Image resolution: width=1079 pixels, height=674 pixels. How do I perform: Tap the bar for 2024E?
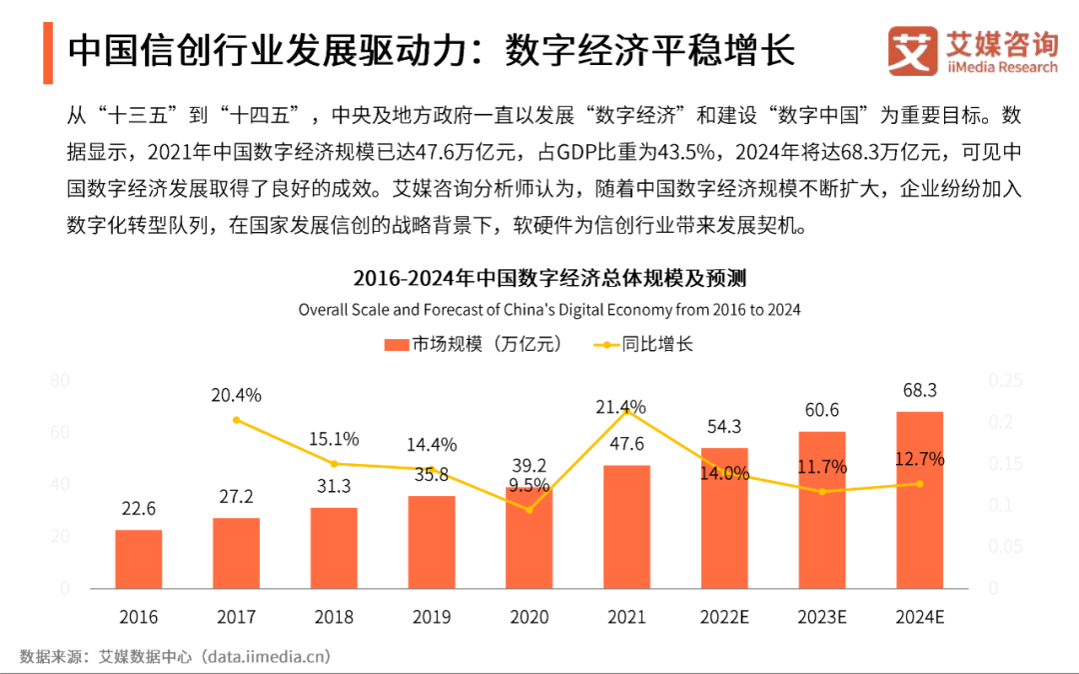point(919,499)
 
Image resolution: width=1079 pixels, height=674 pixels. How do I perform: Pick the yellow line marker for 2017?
point(236,420)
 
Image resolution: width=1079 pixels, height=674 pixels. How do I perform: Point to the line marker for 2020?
point(529,509)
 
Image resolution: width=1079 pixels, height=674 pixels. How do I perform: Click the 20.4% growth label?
point(236,395)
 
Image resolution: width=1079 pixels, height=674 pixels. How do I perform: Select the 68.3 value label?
point(919,389)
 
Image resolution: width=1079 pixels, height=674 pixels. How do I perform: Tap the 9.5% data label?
point(529,486)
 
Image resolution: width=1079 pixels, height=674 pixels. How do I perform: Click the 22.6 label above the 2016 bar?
point(138,509)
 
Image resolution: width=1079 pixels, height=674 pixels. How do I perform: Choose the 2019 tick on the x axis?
point(432,617)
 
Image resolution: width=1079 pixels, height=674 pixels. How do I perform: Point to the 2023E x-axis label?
point(822,617)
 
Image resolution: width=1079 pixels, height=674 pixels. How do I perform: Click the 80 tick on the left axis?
point(60,381)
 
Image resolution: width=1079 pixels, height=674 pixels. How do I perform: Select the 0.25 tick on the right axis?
point(1006,381)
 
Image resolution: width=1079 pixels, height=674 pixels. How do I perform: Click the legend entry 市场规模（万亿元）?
point(474,344)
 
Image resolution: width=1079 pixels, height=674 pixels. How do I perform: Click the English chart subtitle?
point(549,309)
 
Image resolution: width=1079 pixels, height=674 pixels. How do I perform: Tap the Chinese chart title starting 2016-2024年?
point(549,278)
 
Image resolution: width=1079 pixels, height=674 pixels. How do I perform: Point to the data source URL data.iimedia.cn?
point(266,656)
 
